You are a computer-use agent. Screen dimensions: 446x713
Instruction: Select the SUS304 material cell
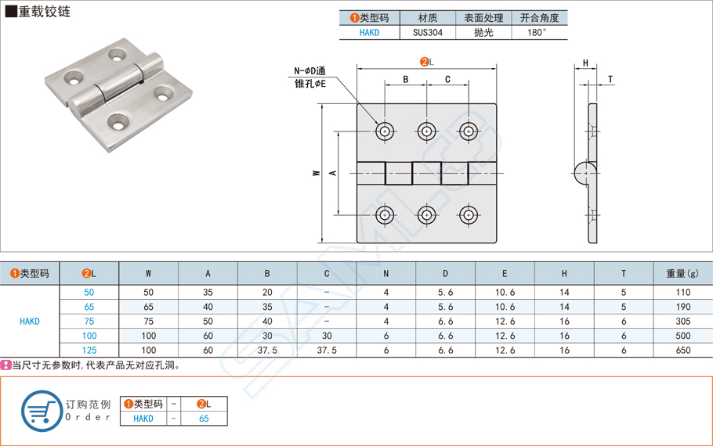(428, 33)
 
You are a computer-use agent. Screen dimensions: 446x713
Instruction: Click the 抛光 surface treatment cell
(483, 33)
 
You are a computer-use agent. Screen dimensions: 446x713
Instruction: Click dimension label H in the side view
(585, 63)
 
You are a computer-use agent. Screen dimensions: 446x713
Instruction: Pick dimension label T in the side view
(610, 80)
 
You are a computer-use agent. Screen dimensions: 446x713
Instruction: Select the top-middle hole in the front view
(426, 131)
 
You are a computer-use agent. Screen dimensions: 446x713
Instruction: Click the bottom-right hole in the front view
(469, 214)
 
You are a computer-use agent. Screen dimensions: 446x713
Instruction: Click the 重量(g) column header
(682, 273)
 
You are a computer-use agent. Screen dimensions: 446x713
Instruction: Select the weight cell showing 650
(682, 351)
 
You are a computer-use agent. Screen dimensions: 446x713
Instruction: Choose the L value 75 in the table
(89, 321)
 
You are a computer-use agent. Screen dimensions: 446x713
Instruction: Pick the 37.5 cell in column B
(267, 351)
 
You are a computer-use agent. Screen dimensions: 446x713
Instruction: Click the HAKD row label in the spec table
(30, 321)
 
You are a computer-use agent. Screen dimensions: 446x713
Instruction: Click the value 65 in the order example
(204, 419)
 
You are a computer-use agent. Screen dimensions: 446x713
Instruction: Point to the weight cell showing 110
(682, 292)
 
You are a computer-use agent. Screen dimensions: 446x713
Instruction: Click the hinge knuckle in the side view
(584, 172)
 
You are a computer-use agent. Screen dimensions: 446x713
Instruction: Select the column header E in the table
(505, 273)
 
